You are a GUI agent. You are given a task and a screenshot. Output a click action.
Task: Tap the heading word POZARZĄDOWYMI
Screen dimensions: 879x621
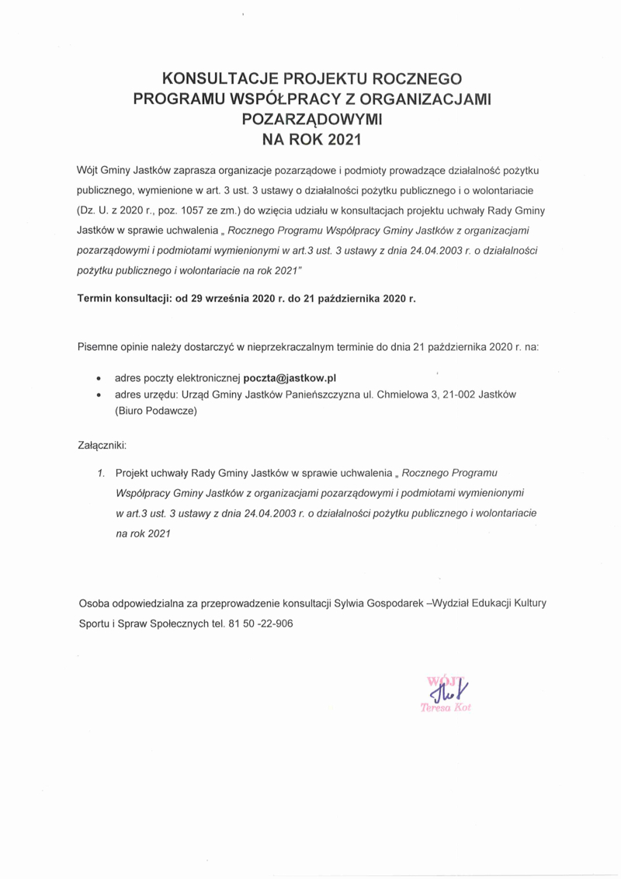[312, 120]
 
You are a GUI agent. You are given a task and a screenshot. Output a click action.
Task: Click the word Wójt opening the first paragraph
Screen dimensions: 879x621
[88, 169]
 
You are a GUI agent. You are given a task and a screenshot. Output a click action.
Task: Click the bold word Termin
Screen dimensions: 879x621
[98, 297]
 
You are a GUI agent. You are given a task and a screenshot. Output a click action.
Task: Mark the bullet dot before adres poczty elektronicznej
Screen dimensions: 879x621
[97, 379]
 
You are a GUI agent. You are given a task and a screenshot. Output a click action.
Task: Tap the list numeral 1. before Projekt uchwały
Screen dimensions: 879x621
[101, 472]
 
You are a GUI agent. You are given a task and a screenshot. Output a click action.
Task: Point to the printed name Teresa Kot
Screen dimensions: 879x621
[445, 707]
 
